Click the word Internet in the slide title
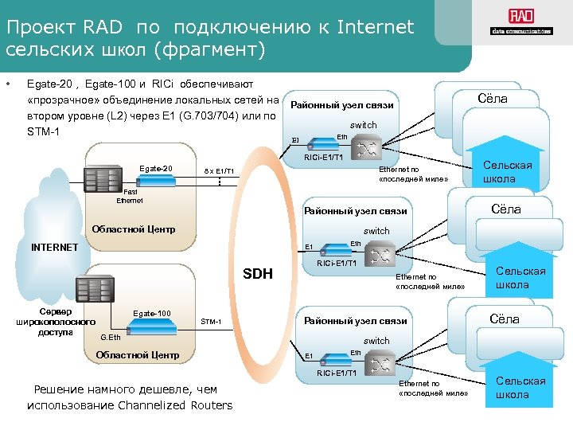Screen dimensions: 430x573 pos(376,28)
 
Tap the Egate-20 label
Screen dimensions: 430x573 pos(155,169)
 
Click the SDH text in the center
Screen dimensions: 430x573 pos(257,275)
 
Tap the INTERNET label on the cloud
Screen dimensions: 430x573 pos(54,247)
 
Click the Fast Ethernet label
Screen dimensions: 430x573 pos(130,196)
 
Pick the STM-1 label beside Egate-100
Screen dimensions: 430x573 pos(211,322)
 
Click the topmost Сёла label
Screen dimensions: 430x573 pos(491,99)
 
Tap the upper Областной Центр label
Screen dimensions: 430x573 pos(133,229)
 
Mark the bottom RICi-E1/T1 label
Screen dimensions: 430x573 pos(336,372)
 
